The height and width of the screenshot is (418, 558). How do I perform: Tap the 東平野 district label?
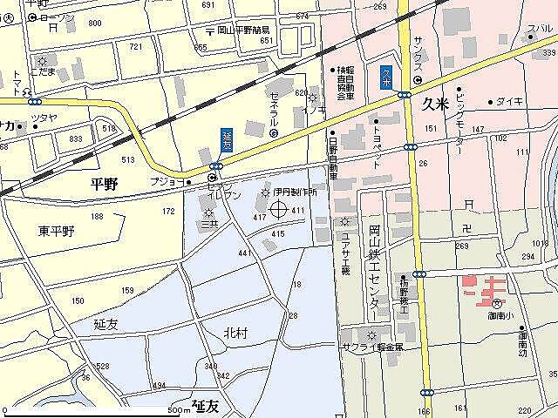click(56, 231)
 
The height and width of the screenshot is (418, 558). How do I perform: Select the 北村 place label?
click(235, 334)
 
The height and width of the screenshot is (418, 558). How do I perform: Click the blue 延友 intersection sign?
click(227, 139)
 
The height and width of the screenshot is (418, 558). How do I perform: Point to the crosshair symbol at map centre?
click(279, 209)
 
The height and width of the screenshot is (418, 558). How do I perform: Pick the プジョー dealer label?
click(167, 182)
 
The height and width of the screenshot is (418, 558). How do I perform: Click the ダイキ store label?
click(510, 102)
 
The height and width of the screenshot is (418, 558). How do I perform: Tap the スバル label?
click(539, 29)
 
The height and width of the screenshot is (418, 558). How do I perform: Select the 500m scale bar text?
click(179, 409)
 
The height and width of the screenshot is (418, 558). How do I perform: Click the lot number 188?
click(96, 216)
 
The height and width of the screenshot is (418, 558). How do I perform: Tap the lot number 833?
click(76, 138)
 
